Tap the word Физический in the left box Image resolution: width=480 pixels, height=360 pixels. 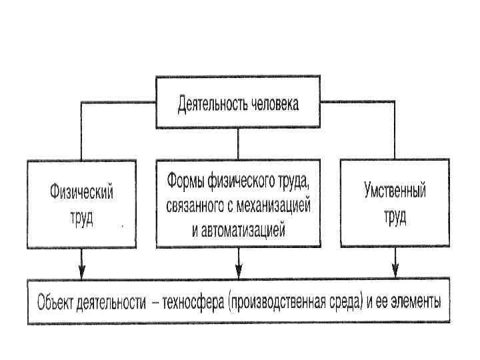(x=81, y=193)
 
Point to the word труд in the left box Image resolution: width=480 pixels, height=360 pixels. (x=81, y=217)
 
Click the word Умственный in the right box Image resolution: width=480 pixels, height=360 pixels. (x=395, y=191)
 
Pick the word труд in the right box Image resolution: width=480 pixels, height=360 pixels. (x=395, y=217)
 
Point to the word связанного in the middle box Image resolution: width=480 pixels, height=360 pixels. (x=193, y=206)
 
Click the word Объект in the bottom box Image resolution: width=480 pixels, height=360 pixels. (x=57, y=303)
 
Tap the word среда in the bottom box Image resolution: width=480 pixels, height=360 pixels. (x=349, y=303)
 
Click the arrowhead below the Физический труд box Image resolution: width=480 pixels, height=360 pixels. (x=81, y=272)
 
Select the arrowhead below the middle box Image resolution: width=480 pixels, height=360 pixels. (x=238, y=272)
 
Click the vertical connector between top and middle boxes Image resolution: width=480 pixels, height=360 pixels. (x=238, y=144)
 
